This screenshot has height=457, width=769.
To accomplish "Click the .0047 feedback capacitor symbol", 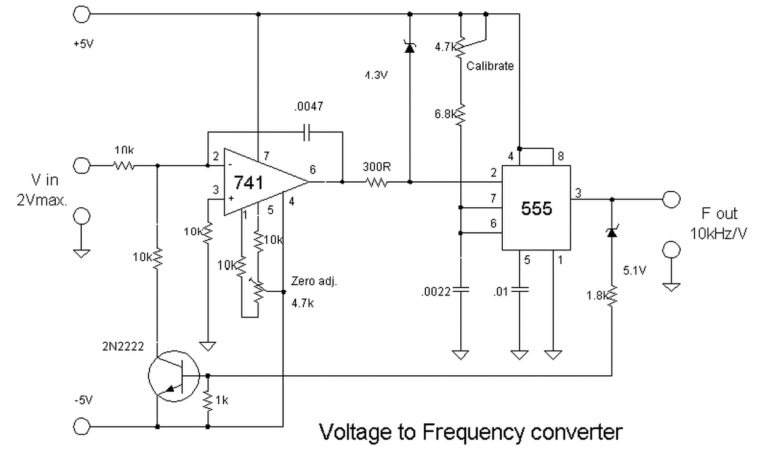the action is tap(307, 132).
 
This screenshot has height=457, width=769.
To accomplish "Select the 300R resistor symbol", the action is tap(377, 182).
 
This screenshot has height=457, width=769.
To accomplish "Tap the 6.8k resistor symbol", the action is tap(461, 114).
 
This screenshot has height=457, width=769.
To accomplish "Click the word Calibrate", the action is tap(490, 65).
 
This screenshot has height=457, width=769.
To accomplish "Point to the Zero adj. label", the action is tap(314, 281).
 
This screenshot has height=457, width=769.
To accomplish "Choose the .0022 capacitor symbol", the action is tap(461, 289).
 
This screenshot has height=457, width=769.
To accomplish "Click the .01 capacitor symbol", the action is tap(520, 289).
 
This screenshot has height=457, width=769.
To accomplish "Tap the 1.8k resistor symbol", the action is tap(612, 295).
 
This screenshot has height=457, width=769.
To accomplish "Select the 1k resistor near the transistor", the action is tap(208, 400).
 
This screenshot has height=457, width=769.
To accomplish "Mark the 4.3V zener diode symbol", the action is tap(410, 47).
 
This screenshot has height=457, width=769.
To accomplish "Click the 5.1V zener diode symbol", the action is tap(612, 232).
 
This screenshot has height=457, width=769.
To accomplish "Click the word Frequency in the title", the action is tap(473, 432).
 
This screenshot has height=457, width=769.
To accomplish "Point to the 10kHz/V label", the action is tap(718, 234).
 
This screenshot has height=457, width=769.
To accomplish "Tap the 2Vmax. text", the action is tap(42, 200).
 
